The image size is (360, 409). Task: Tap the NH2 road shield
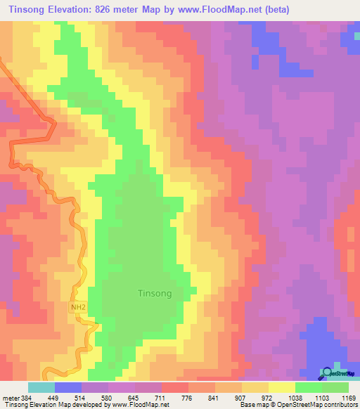(x=79, y=308)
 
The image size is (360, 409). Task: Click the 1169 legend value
(x=349, y=398)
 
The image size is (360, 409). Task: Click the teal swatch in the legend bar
(x=41, y=387)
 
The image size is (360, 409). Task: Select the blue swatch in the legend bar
(x=68, y=387)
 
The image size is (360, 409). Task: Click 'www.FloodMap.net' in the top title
(x=221, y=10)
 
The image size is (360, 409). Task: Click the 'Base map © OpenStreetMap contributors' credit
(x=298, y=405)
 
